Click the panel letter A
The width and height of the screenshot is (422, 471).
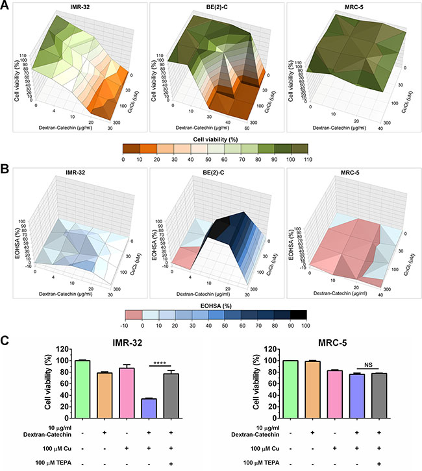pos(6,5)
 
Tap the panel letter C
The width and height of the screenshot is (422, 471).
pos(6,342)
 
